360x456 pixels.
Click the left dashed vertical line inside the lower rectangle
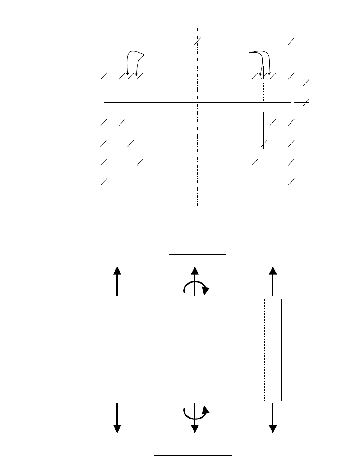pos(126,350)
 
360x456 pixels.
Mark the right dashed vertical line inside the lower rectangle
pos(265,350)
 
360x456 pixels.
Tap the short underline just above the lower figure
pos(198,255)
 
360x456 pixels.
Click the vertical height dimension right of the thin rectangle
pos(307,92)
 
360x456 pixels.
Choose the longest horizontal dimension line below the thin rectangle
pos(198,182)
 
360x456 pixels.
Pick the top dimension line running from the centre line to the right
pos(244,41)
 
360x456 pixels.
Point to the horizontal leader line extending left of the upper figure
pos(88,121)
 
